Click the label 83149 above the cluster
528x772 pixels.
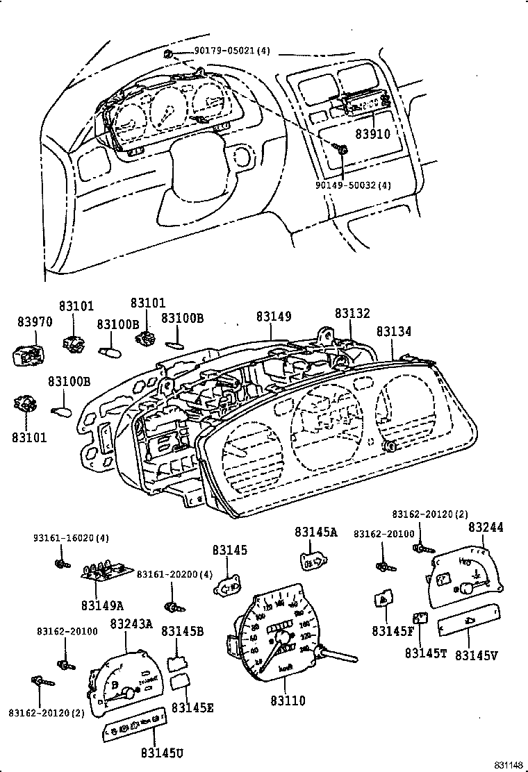coord(273,317)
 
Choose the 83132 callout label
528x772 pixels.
coord(352,314)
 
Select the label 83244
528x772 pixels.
coord(486,528)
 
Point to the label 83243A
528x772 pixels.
coord(131,624)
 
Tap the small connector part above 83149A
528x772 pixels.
coord(106,570)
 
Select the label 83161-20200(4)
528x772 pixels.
coord(174,574)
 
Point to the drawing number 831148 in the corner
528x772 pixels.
coord(509,764)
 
